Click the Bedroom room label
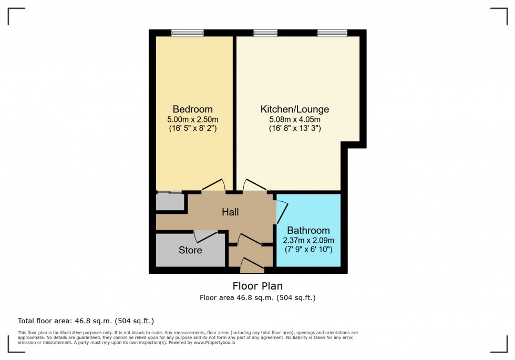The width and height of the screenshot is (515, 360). coord(192,109)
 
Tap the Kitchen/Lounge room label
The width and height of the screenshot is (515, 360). coord(295,109)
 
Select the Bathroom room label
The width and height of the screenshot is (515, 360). coord(308,230)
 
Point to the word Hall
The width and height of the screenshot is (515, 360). coord(230,212)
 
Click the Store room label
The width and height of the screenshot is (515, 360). coord(190,250)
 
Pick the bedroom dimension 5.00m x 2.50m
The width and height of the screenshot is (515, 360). coord(192,119)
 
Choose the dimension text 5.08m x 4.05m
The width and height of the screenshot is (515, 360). coord(295,119)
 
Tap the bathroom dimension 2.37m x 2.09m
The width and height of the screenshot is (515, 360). coord(308,240)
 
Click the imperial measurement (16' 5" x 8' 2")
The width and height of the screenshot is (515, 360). coord(192,128)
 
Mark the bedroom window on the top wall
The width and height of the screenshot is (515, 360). coord(187,33)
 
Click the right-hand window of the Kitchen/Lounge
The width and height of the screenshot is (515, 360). coord(332,33)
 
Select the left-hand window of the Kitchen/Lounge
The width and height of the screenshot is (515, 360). coord(265,33)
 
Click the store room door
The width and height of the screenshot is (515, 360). coord(205,236)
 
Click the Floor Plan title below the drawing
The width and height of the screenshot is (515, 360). coord(257,286)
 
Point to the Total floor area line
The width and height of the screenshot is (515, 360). coord(86,321)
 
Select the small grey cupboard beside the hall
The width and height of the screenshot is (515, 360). coord(170,202)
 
